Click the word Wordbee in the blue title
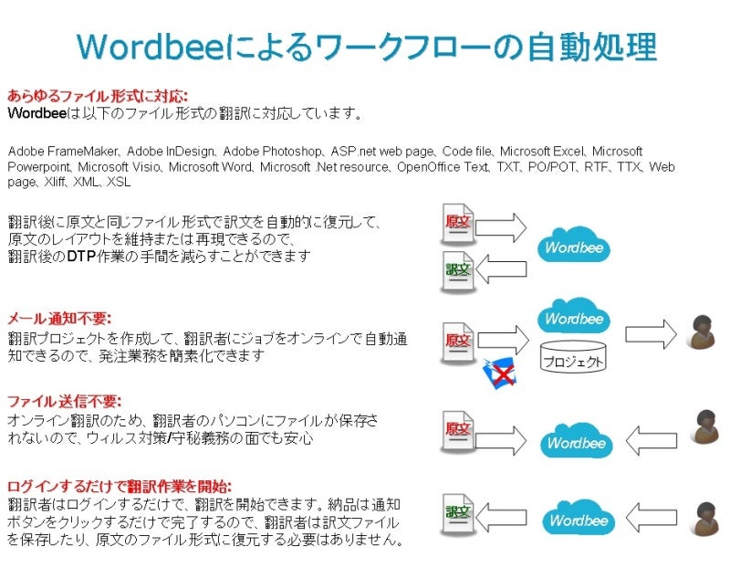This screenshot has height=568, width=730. click(x=151, y=47)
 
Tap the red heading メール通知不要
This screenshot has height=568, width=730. click(x=59, y=319)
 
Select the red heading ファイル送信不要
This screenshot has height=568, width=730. click(x=64, y=402)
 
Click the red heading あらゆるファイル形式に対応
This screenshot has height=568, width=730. click(x=98, y=96)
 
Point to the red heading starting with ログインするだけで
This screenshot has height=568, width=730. click(x=120, y=487)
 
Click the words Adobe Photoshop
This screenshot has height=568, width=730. click(x=271, y=152)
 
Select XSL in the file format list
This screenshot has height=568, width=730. click(x=119, y=182)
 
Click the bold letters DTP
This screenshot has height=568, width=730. click(x=81, y=257)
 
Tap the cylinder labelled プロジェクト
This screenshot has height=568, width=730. click(x=573, y=357)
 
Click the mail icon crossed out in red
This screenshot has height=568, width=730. click(x=499, y=373)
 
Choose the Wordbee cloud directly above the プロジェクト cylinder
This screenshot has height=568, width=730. click(x=574, y=316)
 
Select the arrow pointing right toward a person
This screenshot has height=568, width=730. click(x=651, y=334)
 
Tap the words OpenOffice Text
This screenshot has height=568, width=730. click(x=443, y=167)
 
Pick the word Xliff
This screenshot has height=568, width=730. click(x=55, y=182)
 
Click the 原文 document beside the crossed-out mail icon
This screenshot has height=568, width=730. click(x=458, y=342)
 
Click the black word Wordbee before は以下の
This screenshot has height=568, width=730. click(x=36, y=113)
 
